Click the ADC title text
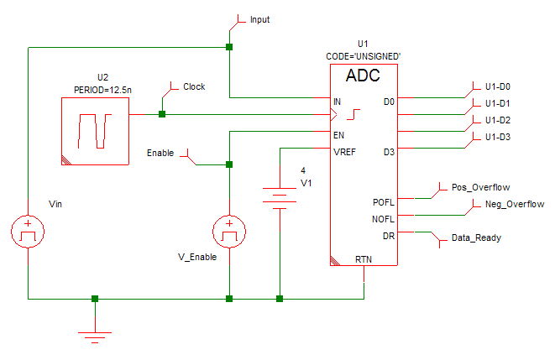pyautogui.click(x=363, y=76)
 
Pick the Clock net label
pyautogui.click(x=193, y=86)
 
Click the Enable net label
pyautogui.click(x=160, y=153)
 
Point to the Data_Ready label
pyautogui.click(x=476, y=237)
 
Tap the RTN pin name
pyautogui.click(x=364, y=259)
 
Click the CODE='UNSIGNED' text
pyautogui.click(x=363, y=55)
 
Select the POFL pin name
pyautogui.click(x=382, y=202)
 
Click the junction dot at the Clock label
pyautogui.click(x=162, y=114)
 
